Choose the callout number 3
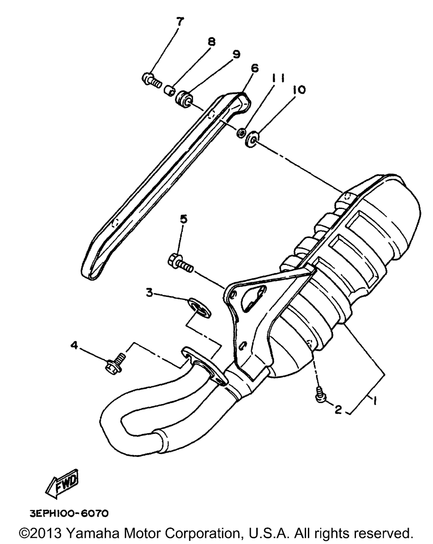149,293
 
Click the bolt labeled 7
152,80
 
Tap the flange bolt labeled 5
180,262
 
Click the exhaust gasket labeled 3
200,306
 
